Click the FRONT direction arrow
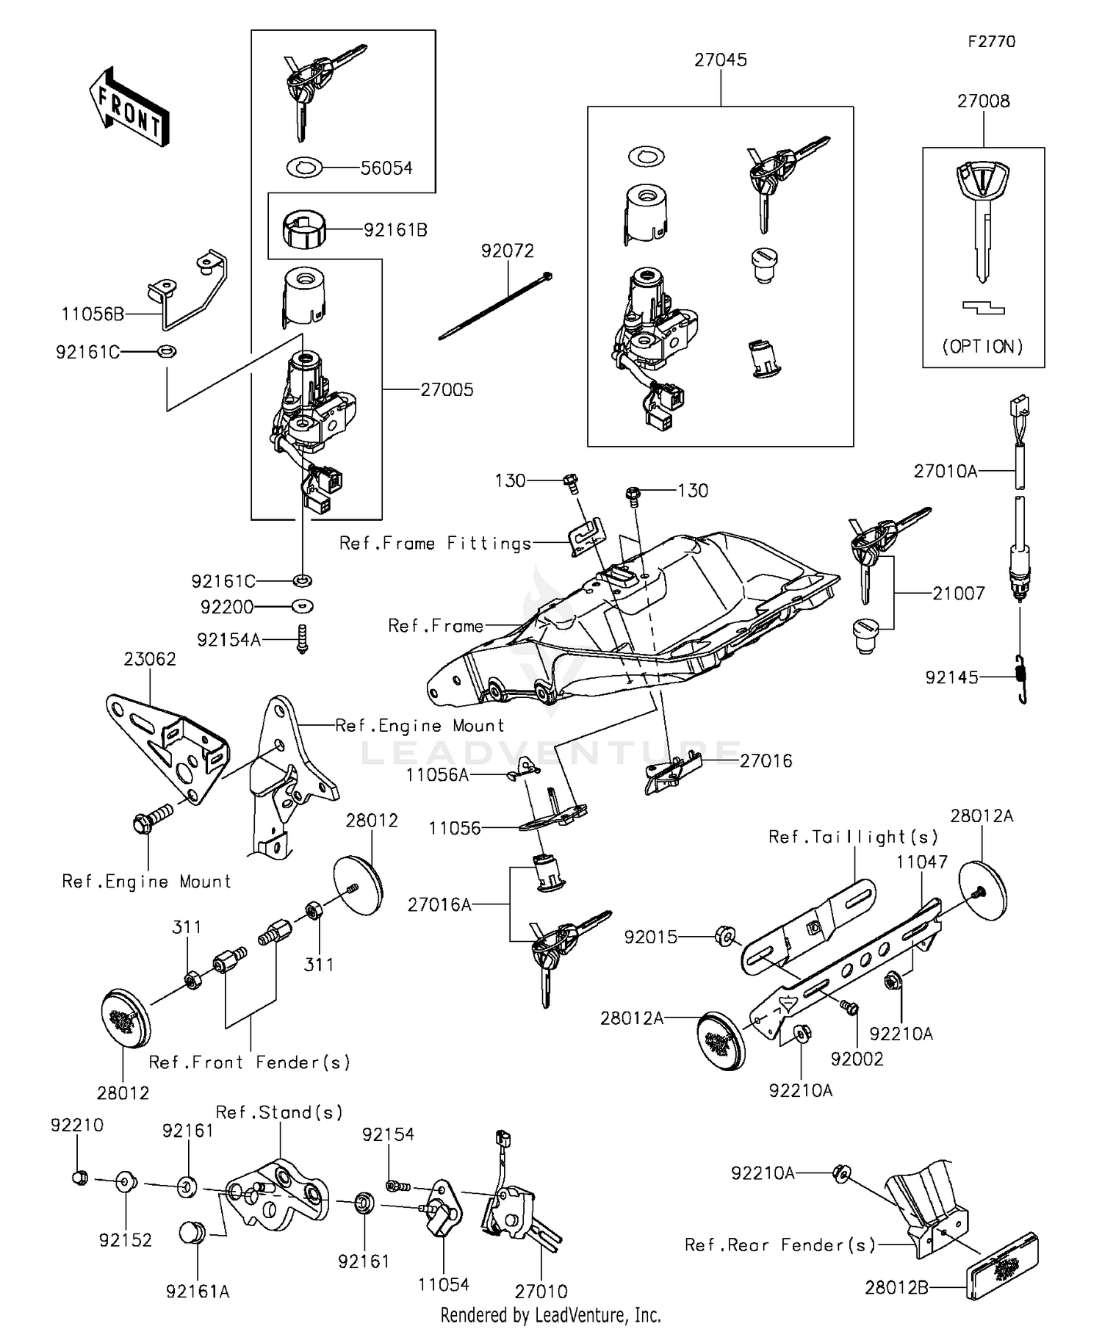pos(129,107)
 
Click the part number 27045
pos(720,60)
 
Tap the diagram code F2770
pos(991,42)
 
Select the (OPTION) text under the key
pos(983,346)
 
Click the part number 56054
pos(386,168)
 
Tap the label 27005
pos(447,390)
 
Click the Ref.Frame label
pos(436,626)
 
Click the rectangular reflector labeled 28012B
pos(1002,1267)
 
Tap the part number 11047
pos(921,862)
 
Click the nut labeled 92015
pos(723,936)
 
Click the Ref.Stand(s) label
pos(279,1113)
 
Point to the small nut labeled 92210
pos(81,1178)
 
